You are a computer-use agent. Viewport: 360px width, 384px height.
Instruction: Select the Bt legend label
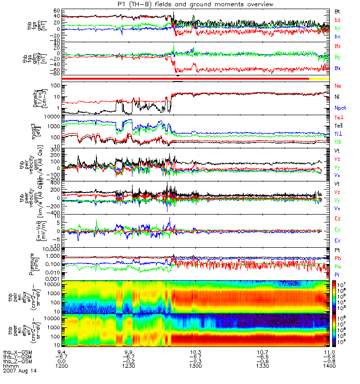[338, 11]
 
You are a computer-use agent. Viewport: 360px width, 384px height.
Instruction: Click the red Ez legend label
[338, 218]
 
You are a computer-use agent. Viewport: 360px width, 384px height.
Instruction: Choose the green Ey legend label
[338, 229]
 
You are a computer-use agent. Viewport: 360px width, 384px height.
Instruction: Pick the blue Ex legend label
[338, 240]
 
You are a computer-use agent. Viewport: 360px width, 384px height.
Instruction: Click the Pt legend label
[337, 251]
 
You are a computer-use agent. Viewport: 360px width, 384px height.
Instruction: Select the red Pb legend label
[337, 258]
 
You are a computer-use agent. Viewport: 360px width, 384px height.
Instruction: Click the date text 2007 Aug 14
[20, 371]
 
